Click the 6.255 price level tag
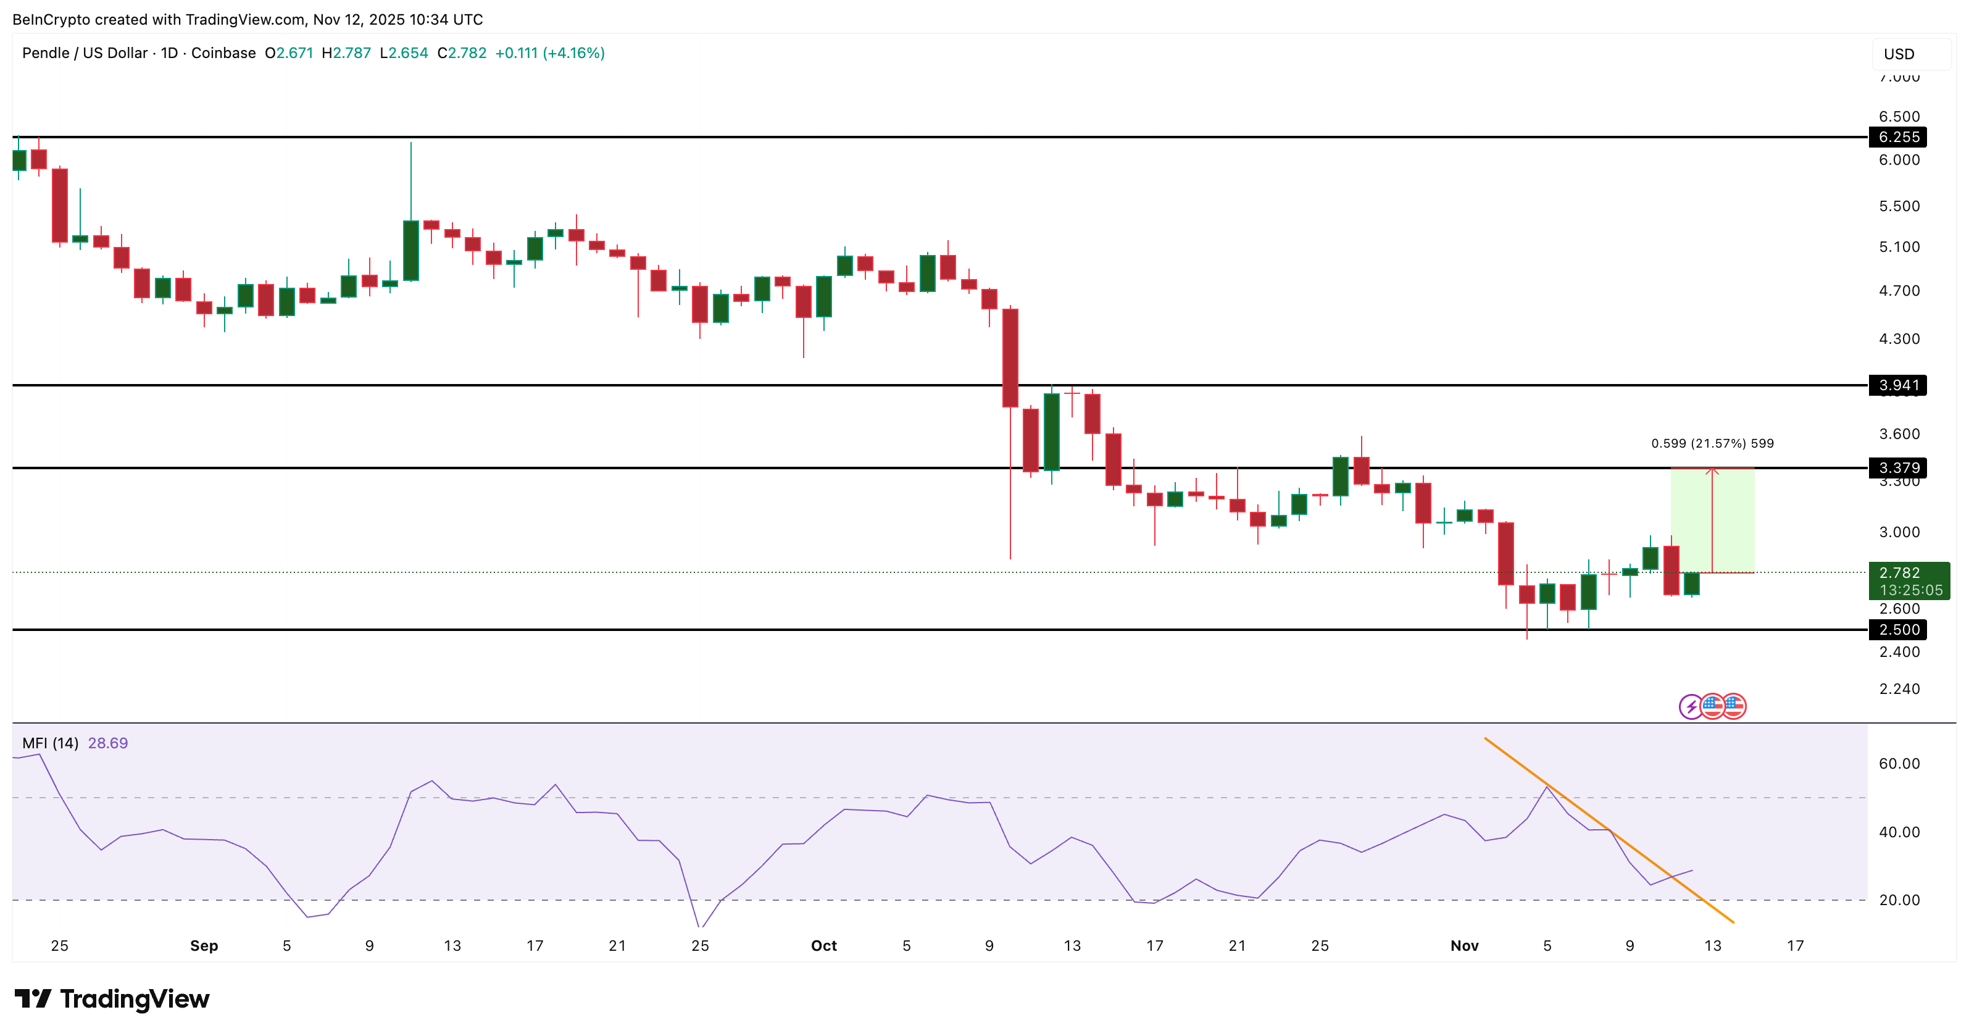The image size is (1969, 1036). (x=1899, y=137)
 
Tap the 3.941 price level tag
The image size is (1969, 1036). (x=1899, y=385)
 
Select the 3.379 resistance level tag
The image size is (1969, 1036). (x=1899, y=468)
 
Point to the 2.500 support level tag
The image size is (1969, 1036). (x=1899, y=630)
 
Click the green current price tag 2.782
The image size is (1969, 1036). (x=1909, y=581)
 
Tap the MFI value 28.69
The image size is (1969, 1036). (x=108, y=743)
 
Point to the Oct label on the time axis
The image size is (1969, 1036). (x=824, y=946)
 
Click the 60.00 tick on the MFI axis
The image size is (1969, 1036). (x=1899, y=764)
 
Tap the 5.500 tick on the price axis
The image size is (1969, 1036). (x=1899, y=206)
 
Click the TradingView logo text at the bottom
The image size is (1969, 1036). (x=134, y=1000)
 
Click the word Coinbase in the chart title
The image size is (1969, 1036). (x=223, y=52)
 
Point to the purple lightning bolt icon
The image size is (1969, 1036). (x=1691, y=706)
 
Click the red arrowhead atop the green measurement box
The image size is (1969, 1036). (x=1712, y=471)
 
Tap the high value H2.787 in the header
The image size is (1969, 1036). (x=346, y=52)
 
